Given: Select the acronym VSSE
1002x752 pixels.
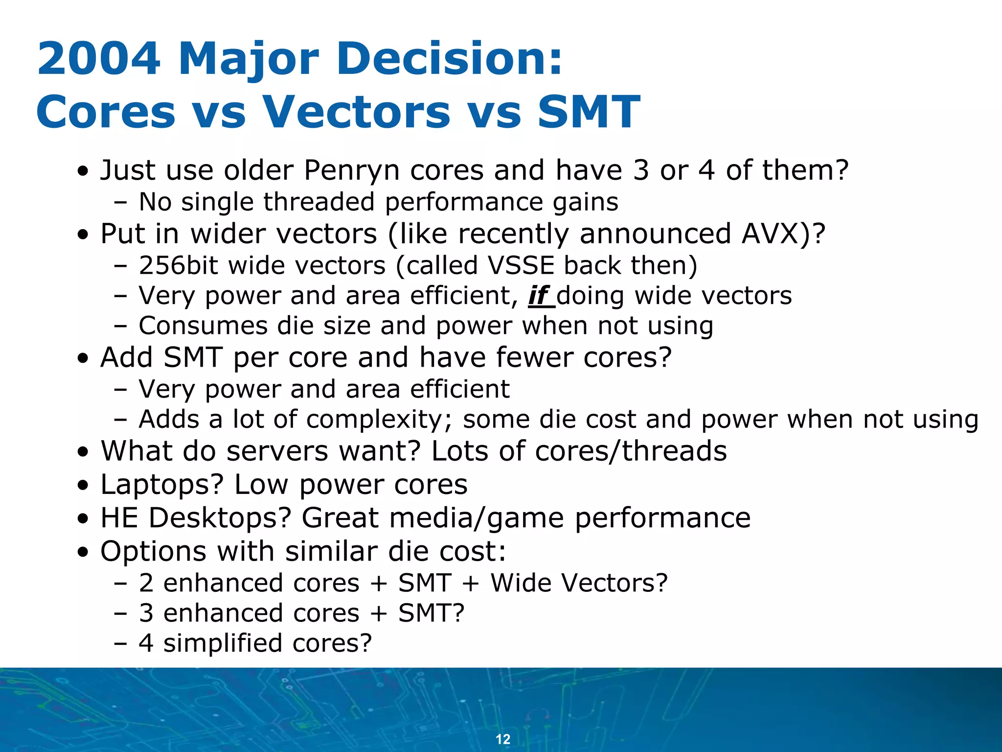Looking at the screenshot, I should coord(521,265).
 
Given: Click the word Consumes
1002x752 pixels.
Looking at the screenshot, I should coord(203,326).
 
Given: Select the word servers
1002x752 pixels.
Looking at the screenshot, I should coord(276,451).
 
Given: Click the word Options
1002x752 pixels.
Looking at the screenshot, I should coord(153,551).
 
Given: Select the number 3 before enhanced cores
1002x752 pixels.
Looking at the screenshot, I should coord(146,613).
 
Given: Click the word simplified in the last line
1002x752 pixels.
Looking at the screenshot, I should coord(223,643).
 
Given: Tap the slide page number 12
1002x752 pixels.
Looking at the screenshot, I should coord(503,739).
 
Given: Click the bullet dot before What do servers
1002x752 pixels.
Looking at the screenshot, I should coord(84,453).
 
